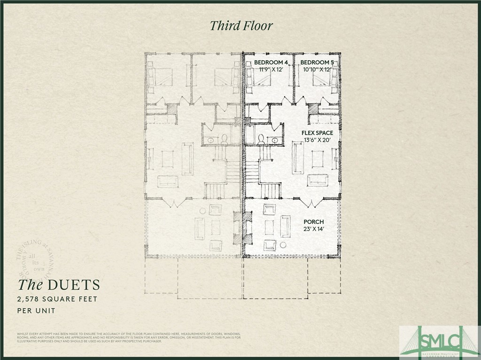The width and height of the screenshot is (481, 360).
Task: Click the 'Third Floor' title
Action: point(240,25)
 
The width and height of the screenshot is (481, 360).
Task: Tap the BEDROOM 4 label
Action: point(271,62)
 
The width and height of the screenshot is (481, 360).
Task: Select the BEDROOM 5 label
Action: point(317,62)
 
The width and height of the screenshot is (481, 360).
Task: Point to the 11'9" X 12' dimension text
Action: point(271,69)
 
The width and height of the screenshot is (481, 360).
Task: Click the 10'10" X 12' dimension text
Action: point(317,69)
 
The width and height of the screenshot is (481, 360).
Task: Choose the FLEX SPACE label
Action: point(317,133)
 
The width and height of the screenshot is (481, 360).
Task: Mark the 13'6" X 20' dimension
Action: point(317,140)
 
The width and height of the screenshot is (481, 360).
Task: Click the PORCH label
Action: point(313,222)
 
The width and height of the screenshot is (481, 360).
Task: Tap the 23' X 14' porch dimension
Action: point(313,229)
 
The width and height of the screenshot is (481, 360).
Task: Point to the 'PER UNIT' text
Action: point(36,310)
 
